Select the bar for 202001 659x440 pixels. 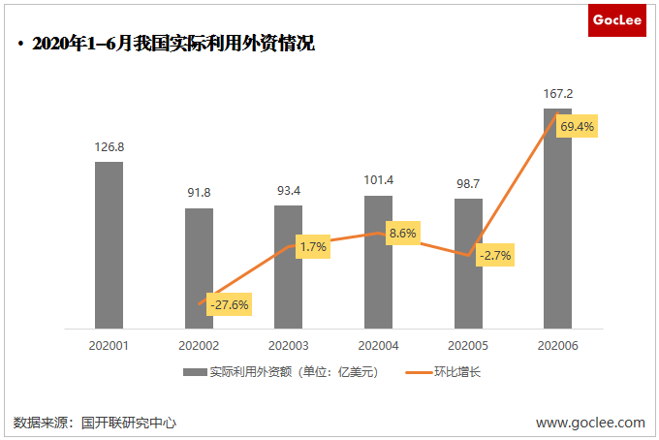109,244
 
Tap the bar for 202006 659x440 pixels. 557,218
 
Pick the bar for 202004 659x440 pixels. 378,262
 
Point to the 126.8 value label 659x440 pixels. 109,147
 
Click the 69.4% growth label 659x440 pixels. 578,127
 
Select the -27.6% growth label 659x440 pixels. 229,304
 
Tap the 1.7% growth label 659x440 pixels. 313,247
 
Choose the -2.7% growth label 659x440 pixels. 495,256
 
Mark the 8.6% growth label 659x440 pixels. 402,233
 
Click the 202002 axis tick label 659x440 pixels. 199,344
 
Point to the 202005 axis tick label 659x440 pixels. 469,344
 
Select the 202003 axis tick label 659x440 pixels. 289,344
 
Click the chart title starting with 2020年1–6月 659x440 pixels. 173,45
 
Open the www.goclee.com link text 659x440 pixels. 590,423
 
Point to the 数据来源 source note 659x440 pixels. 94,423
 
